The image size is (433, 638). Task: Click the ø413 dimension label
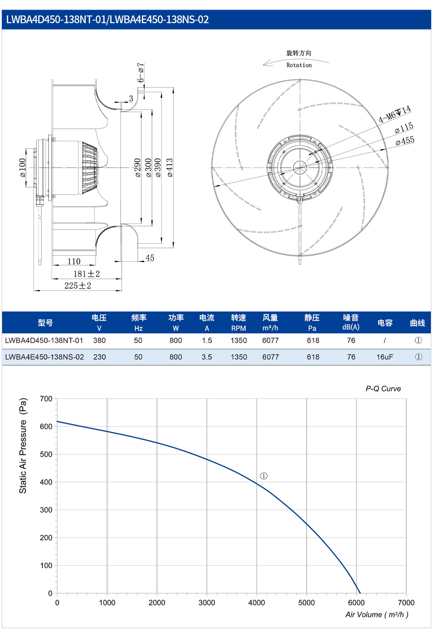pyautogui.click(x=170, y=168)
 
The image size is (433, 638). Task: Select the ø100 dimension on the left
pyautogui.click(x=22, y=168)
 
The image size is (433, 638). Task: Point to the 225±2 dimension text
pyautogui.click(x=78, y=285)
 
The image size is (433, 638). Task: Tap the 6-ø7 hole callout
pyautogui.click(x=141, y=73)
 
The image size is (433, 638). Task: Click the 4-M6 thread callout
pyautogui.click(x=394, y=114)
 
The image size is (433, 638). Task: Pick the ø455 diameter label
pyautogui.click(x=405, y=141)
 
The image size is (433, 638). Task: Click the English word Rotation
pyautogui.click(x=299, y=65)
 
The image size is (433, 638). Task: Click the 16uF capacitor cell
pyautogui.click(x=385, y=357)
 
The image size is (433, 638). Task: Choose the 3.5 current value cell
pyautogui.click(x=207, y=357)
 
